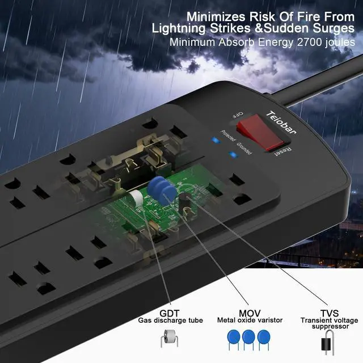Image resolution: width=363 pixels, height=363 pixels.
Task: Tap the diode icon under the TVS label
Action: tap(327, 343)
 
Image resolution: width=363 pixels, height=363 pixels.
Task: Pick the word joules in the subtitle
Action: tap(338, 43)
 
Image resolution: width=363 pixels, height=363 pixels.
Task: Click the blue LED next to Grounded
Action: tap(231, 154)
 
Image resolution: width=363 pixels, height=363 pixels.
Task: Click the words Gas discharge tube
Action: tap(170, 320)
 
